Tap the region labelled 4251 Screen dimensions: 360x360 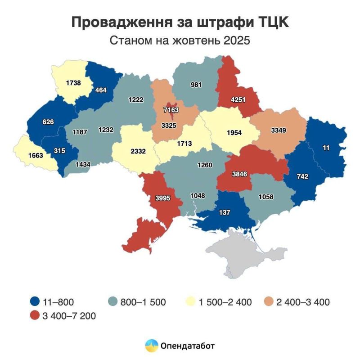tap(238, 99)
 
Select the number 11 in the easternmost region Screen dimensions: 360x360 tap(327, 147)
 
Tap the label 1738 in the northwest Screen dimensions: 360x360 tap(73, 83)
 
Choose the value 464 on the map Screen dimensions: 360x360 tap(101, 90)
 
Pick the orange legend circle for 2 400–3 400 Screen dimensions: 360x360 tap(268, 302)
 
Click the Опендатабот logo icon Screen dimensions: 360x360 tap(151, 346)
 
